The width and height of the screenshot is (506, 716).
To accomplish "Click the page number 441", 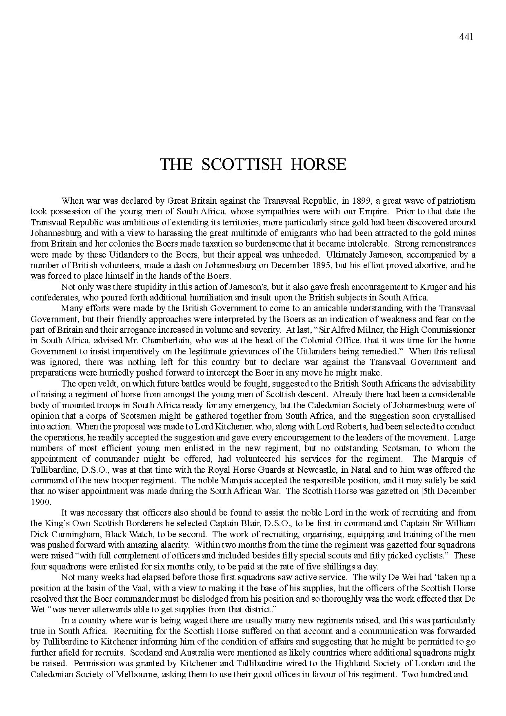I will [x=466, y=37].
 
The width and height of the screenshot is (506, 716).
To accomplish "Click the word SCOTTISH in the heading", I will [x=242, y=165].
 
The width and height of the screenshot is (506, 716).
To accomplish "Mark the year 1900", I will [x=40, y=501].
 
